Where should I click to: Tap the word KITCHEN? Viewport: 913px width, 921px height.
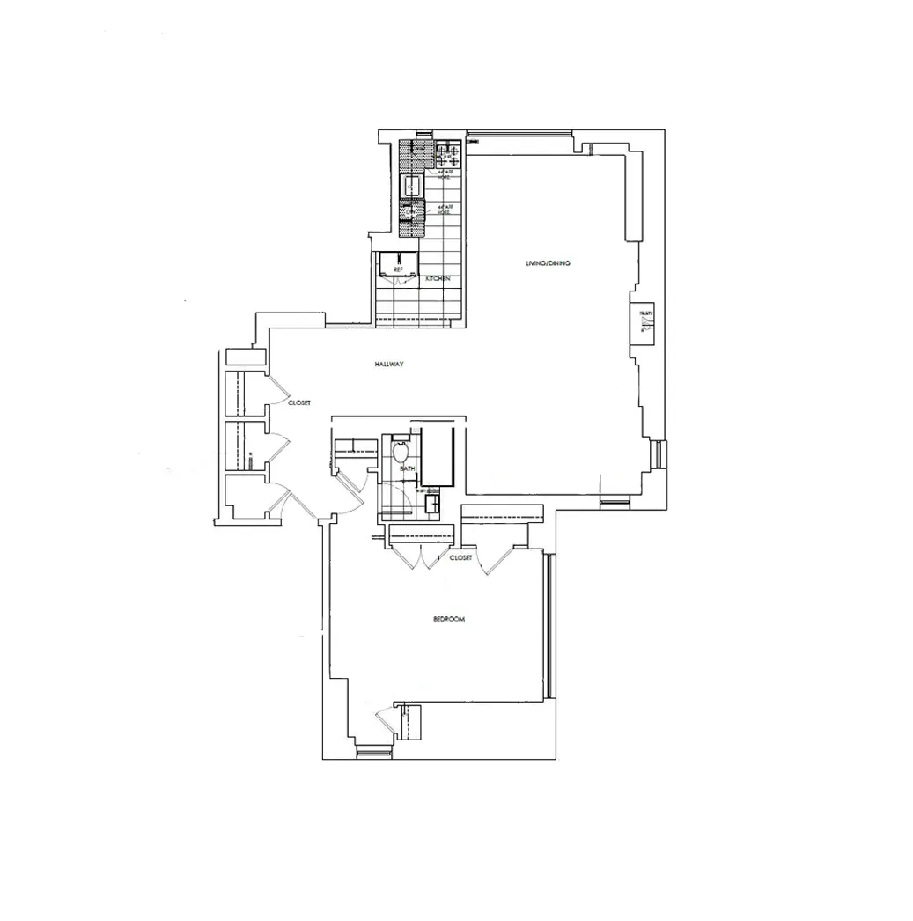pos(438,278)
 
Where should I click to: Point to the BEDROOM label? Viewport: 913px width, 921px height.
pos(448,620)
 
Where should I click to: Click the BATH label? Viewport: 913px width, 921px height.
pos(407,468)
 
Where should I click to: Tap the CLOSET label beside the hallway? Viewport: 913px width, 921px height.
pos(299,402)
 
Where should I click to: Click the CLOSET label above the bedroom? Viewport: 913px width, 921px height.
pos(460,558)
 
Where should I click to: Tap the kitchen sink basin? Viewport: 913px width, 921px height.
pos(412,186)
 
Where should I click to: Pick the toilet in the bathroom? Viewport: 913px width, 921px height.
pos(401,451)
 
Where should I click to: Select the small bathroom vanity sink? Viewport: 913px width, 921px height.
pos(432,503)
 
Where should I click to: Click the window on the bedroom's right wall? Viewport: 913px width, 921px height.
pos(547,626)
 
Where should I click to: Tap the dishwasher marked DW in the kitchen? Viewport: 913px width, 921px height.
pos(409,212)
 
